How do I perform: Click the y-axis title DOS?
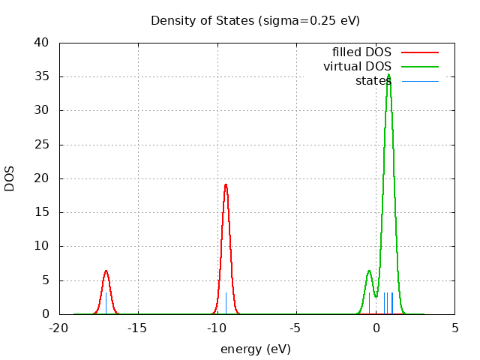(x=10, y=178)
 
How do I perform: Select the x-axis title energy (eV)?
(x=255, y=349)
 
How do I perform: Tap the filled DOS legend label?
(x=361, y=52)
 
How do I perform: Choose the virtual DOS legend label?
(x=357, y=67)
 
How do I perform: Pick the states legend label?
(x=373, y=80)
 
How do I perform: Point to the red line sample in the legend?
(x=419, y=52)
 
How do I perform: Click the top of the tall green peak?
(x=388, y=74)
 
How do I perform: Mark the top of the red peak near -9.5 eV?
(x=226, y=184)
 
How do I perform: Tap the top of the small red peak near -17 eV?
(x=106, y=271)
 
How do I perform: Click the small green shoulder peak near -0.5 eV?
(x=369, y=271)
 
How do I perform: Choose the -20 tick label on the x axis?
(x=59, y=327)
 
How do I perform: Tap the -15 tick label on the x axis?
(x=138, y=327)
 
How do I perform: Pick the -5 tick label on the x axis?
(x=296, y=327)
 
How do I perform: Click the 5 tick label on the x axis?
(x=454, y=327)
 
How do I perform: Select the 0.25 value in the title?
(x=313, y=20)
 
